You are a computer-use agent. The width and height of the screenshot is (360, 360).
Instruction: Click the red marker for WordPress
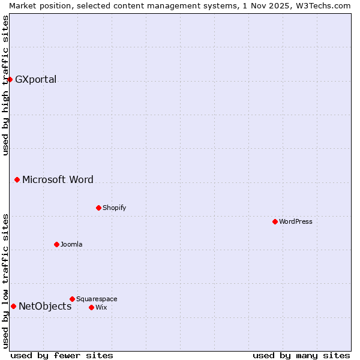pyautogui.click(x=275, y=221)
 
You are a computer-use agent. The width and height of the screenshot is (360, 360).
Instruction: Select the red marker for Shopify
pyautogui.click(x=98, y=208)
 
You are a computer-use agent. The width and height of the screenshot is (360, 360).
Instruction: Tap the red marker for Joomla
pyautogui.click(x=56, y=244)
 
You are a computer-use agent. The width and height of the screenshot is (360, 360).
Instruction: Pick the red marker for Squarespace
pyautogui.click(x=72, y=299)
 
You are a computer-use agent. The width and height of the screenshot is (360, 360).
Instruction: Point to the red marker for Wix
pyautogui.click(x=91, y=307)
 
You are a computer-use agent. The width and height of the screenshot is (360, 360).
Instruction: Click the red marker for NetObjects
pyautogui.click(x=13, y=306)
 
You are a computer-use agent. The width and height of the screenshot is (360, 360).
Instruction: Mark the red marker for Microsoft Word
pyautogui.click(x=17, y=179)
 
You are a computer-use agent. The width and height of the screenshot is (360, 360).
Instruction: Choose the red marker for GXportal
pyautogui.click(x=10, y=79)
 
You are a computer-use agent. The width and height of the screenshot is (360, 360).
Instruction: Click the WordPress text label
pyautogui.click(x=296, y=221)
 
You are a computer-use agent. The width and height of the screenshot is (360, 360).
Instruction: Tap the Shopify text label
pyautogui.click(x=114, y=208)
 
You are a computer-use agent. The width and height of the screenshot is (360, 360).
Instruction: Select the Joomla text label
pyautogui.click(x=71, y=244)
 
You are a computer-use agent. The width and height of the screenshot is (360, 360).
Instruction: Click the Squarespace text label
pyautogui.click(x=97, y=299)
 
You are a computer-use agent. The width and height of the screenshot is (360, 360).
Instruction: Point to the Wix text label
pyautogui.click(x=101, y=307)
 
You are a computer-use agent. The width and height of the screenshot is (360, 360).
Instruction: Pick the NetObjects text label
pyautogui.click(x=45, y=306)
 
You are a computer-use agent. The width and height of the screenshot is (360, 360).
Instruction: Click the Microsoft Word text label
pyautogui.click(x=58, y=179)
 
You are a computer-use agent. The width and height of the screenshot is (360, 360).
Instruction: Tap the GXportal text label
pyautogui.click(x=35, y=79)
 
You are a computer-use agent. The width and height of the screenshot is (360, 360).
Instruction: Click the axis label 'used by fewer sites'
pyautogui.click(x=62, y=355)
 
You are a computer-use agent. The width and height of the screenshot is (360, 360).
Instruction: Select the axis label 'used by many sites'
pyautogui.click(x=301, y=355)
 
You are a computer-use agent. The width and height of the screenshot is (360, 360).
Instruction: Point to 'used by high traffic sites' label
pyautogui.click(x=5, y=85)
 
